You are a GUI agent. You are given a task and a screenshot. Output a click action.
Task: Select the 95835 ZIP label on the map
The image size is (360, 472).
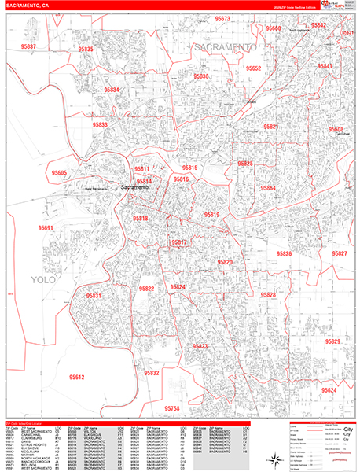(x=85, y=50)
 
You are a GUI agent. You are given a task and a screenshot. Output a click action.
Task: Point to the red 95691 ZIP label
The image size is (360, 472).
(x=47, y=228)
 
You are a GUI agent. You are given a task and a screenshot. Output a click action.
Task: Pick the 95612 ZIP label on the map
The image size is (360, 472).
(x=76, y=378)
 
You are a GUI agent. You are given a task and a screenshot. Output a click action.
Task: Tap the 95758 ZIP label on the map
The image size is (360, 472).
(x=172, y=408)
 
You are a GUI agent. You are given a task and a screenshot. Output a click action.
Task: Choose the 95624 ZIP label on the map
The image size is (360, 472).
(x=328, y=390)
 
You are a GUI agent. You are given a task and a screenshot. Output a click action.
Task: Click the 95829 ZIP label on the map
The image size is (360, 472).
(x=332, y=341)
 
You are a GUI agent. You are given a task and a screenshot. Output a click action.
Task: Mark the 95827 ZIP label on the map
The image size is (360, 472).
(x=339, y=254)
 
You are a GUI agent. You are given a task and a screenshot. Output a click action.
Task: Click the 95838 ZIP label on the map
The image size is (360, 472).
(x=200, y=76)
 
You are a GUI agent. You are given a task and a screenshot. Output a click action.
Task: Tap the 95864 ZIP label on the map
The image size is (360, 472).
(x=268, y=188)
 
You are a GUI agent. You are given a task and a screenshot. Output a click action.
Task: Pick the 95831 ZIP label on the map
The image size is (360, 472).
(x=94, y=295)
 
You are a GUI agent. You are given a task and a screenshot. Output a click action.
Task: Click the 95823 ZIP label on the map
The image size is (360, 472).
(x=200, y=347)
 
